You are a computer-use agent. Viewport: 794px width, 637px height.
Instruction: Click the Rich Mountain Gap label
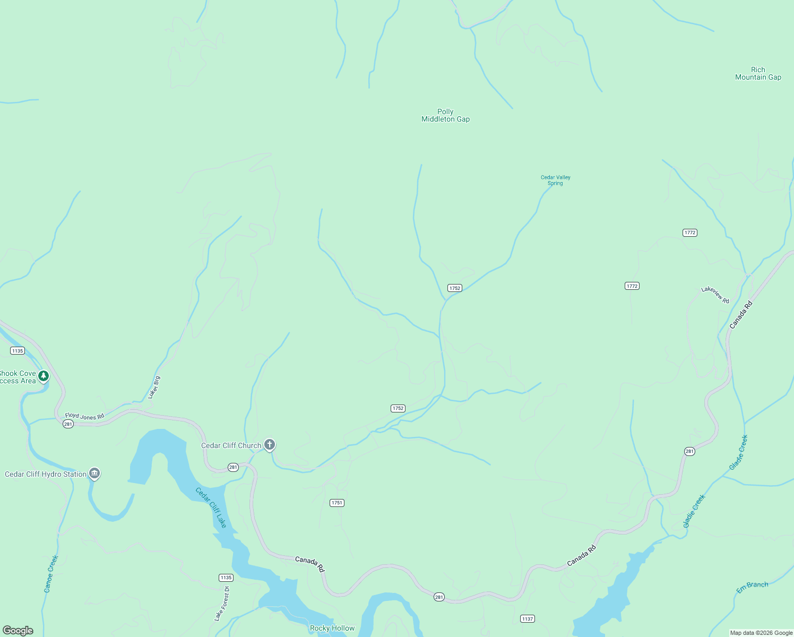[758, 73]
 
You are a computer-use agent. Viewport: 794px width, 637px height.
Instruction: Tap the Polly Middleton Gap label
[445, 115]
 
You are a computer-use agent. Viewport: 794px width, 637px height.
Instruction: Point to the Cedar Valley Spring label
[555, 180]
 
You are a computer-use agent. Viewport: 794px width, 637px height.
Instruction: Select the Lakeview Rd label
[715, 295]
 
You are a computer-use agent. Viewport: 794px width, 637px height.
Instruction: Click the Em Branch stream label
[752, 587]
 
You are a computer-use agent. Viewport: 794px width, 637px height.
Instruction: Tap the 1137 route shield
[527, 619]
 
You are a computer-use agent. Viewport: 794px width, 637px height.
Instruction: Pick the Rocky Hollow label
[332, 628]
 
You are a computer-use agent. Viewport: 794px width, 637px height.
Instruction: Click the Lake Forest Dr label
[222, 604]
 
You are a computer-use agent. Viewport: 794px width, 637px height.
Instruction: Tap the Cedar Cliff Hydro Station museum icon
[94, 474]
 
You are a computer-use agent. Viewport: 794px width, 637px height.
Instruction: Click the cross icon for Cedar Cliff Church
[270, 444]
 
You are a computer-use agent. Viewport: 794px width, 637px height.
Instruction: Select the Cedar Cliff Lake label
[211, 507]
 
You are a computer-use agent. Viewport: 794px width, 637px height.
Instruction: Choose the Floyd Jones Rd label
[84, 416]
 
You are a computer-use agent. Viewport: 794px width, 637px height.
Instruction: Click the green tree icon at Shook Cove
[44, 376]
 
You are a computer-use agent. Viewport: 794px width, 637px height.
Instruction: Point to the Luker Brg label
[154, 388]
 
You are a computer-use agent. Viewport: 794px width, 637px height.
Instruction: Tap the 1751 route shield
[337, 503]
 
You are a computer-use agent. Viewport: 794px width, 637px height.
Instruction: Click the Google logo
[18, 630]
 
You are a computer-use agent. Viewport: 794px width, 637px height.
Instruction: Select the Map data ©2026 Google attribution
[761, 633]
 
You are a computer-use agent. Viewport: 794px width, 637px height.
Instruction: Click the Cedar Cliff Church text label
[231, 445]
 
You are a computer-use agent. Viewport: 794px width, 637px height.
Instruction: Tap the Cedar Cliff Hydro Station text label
[46, 474]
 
